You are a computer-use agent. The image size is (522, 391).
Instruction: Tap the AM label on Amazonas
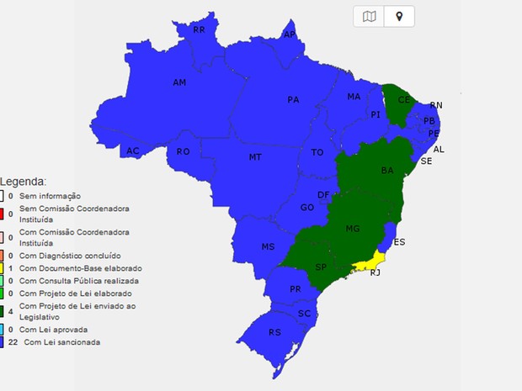(179, 82)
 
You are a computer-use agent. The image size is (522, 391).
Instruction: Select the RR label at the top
(200, 29)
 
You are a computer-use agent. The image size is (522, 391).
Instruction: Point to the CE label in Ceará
(404, 99)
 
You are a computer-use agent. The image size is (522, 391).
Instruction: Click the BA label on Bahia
(387, 171)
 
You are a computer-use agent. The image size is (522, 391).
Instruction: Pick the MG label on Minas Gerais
(353, 228)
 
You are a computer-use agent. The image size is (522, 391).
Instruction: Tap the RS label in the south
(274, 332)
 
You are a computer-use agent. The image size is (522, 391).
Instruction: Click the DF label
(323, 195)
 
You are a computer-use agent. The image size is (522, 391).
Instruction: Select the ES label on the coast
(399, 242)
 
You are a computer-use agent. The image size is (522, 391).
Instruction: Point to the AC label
(133, 151)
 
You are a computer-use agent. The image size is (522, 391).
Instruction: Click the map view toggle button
(368, 16)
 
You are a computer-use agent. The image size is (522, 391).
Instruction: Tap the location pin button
(398, 16)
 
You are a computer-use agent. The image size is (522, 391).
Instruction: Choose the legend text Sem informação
(47, 195)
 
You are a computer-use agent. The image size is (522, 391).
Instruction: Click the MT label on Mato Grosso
(254, 157)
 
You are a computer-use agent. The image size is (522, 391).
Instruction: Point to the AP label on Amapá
(290, 34)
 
